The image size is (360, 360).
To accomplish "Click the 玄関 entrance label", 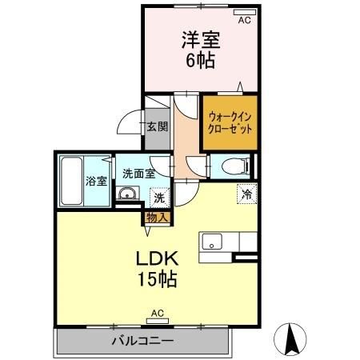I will click(x=158, y=126).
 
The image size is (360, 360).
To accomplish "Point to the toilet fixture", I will click(x=234, y=166).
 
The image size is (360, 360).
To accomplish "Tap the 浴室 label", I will click(x=97, y=180).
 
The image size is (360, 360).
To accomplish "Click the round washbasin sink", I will click(x=126, y=194).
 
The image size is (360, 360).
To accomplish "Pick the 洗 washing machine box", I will click(x=159, y=197).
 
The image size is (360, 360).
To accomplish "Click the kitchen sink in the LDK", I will click(x=212, y=240).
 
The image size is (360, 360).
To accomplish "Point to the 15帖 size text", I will click(x=156, y=281).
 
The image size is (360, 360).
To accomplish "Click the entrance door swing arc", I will click(x=129, y=124).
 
